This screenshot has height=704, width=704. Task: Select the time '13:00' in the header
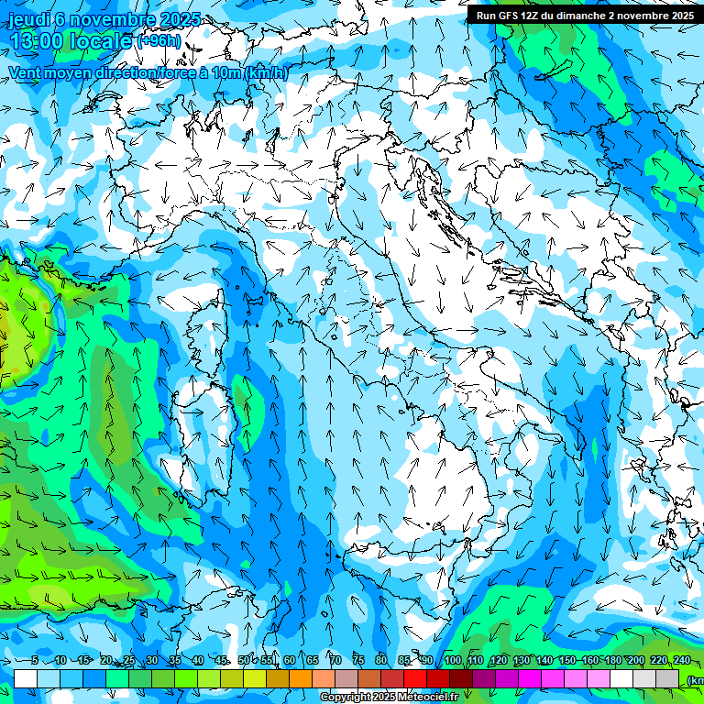[37, 42]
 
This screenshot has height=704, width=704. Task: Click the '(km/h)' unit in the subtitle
[267, 73]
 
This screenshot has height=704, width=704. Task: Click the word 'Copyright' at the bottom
[346, 698]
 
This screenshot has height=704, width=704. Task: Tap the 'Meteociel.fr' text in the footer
[434, 698]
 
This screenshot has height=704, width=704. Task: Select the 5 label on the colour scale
[35, 661]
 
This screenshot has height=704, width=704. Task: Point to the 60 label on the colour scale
[289, 661]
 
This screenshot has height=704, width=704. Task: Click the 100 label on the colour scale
[452, 661]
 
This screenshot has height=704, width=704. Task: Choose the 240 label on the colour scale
[681, 661]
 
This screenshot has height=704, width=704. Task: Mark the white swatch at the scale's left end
[26, 678]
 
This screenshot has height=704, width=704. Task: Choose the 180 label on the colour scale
[612, 661]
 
